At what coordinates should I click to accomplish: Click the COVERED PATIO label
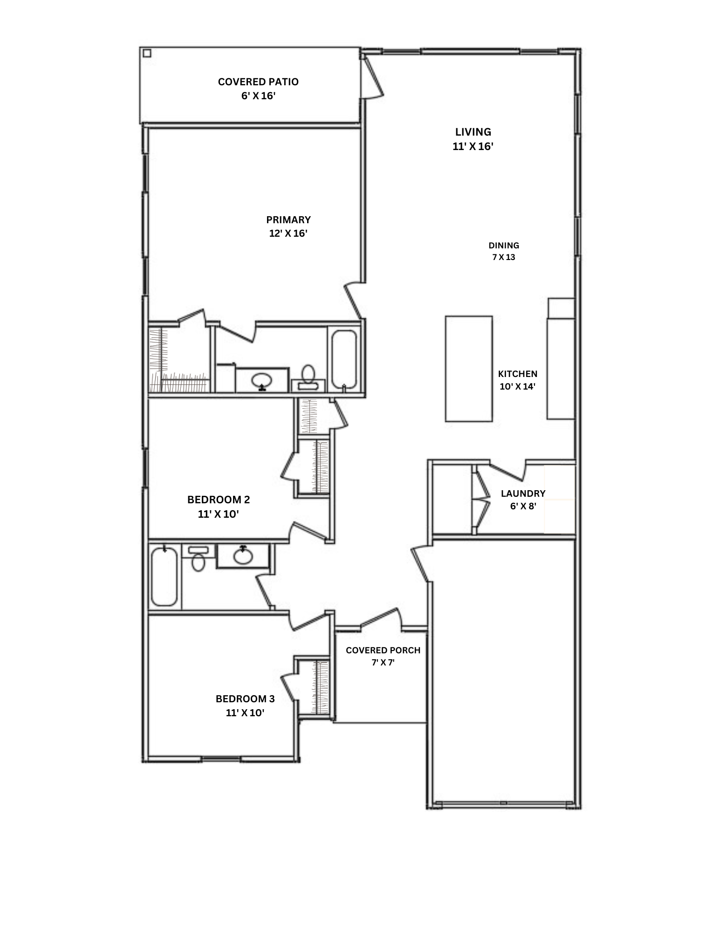258,89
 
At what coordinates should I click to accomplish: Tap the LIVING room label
473,139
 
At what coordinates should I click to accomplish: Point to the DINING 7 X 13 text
504,251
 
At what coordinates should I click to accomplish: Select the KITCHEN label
518,380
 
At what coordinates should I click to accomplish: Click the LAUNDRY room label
523,500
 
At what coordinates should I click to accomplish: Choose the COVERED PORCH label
383,656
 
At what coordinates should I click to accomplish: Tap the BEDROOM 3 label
245,706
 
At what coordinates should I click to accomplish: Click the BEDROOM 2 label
219,507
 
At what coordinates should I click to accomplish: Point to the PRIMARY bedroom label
288,226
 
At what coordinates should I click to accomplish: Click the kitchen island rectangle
469,369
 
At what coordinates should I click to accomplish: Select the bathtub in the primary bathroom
344,359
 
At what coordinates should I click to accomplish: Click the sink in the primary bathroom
262,381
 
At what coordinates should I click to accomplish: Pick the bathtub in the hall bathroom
164,576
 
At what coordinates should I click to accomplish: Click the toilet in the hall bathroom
198,559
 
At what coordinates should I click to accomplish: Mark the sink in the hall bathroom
243,555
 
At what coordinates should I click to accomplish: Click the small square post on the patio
147,53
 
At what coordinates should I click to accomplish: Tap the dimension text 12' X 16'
288,233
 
